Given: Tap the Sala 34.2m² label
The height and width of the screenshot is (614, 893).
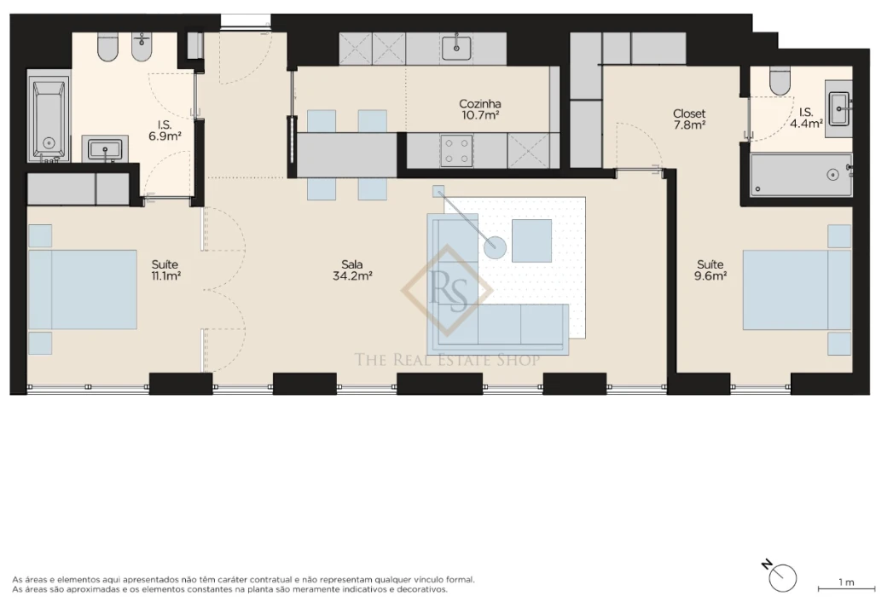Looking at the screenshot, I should point(352,269).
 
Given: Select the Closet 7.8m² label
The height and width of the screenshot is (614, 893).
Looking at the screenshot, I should point(689,119).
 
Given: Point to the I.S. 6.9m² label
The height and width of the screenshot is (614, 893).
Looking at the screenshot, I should point(165,130).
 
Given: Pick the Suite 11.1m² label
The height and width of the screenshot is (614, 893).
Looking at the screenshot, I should point(165,269).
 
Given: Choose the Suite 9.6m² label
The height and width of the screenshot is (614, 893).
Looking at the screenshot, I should point(710,270).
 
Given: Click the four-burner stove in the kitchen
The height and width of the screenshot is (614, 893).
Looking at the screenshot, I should point(456,152).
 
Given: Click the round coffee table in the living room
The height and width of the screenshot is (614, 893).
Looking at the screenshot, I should point(496,248).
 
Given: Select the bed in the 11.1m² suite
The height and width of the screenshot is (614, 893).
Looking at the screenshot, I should point(83,289).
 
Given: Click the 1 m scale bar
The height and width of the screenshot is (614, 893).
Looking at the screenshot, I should point(846,588).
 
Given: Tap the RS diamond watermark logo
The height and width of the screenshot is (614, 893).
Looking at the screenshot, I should point(448,291).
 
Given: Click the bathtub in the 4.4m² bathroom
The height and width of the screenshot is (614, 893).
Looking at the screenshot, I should point(800,175).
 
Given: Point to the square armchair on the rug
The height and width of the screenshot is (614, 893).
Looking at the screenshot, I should point(531,240).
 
